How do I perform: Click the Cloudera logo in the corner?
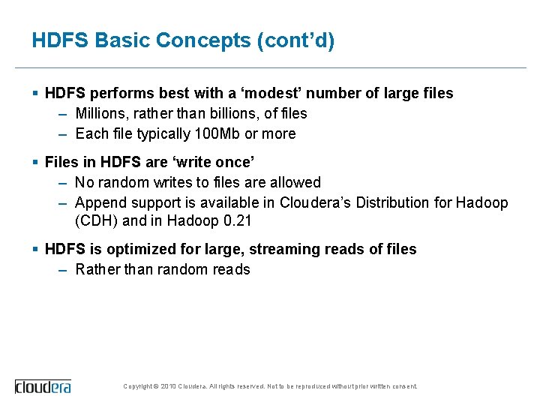click(43, 386)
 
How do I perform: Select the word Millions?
click(101, 113)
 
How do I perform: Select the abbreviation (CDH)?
click(95, 220)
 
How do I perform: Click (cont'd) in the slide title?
click(295, 40)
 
